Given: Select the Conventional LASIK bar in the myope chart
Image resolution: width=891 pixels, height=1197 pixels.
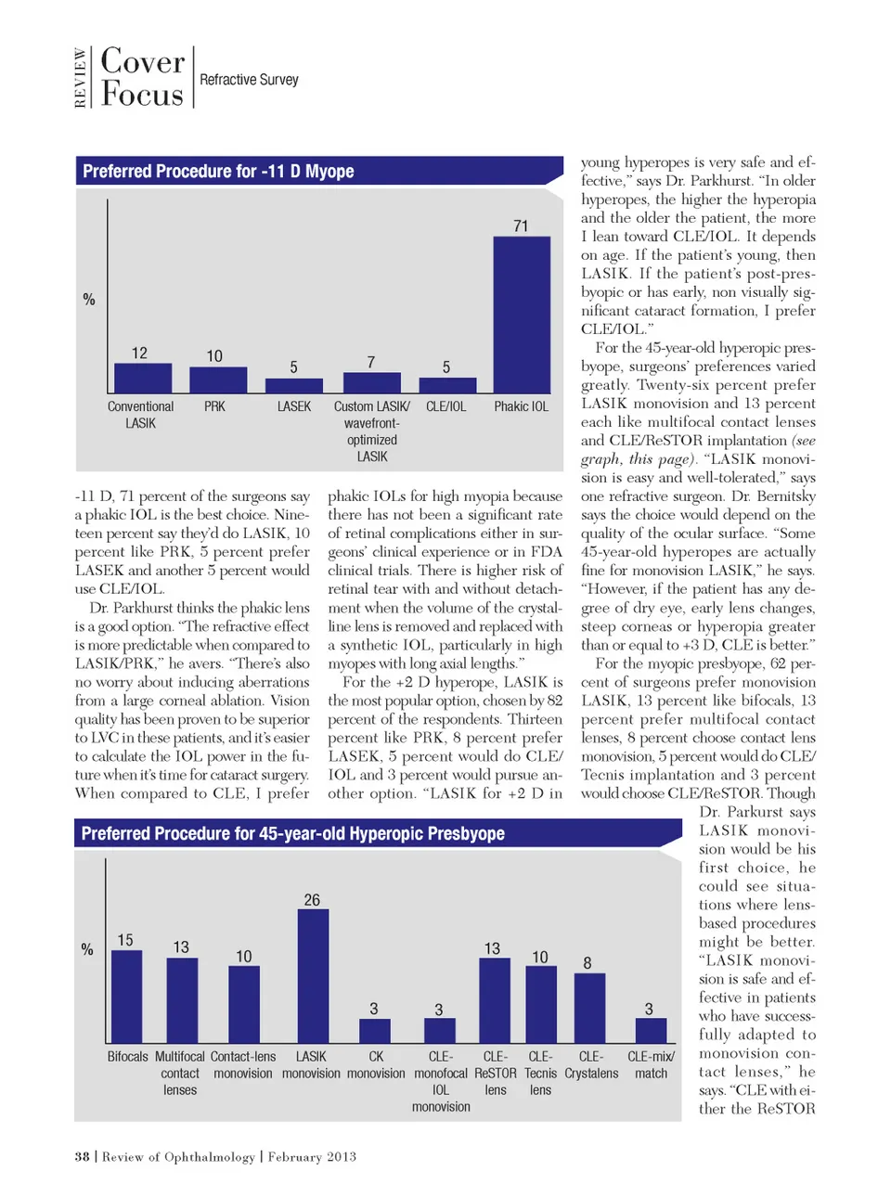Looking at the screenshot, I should click(x=142, y=378).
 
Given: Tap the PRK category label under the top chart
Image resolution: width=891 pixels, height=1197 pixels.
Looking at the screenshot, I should click(x=214, y=406).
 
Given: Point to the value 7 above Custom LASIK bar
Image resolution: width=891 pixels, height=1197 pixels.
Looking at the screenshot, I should click(x=371, y=362).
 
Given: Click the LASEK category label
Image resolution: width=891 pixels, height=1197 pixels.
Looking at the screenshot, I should click(x=294, y=406).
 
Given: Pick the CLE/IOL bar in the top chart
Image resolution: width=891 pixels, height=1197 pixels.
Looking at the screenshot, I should click(x=446, y=385).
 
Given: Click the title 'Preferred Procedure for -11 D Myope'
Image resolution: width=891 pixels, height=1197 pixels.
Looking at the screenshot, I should click(x=218, y=172).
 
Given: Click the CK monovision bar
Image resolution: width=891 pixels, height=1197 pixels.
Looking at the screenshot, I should click(x=374, y=1031).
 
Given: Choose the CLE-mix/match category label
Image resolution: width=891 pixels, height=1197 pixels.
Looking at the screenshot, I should click(x=651, y=1064).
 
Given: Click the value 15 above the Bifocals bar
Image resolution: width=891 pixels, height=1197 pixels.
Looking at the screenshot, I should click(x=125, y=940).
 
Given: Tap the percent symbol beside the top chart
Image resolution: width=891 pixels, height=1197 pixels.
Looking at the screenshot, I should click(x=89, y=300).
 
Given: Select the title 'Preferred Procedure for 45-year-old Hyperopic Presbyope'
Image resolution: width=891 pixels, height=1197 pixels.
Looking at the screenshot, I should click(x=292, y=833).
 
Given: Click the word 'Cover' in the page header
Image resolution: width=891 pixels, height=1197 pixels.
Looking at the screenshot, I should click(x=143, y=62).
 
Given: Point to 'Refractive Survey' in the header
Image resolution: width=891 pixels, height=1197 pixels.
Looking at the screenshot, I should click(x=249, y=80).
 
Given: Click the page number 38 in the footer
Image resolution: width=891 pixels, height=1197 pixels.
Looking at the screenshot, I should click(x=82, y=1156).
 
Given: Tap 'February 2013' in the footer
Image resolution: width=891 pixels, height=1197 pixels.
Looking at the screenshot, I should click(x=312, y=1156).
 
